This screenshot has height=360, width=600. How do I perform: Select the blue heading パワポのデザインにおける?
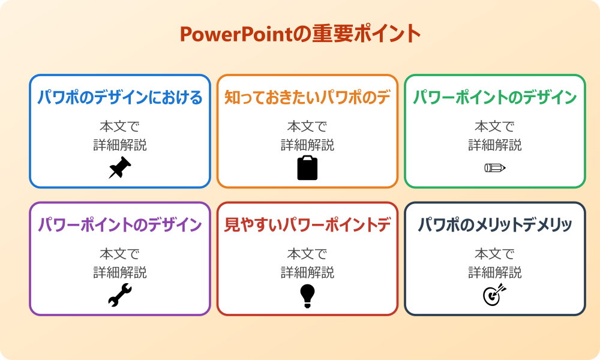pos(120,98)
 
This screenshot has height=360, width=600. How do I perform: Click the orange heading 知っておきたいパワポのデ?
pos(307,98)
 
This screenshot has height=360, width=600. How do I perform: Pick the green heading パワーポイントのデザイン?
pos(495,98)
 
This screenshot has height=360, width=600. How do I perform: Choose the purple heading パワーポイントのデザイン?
pos(120,225)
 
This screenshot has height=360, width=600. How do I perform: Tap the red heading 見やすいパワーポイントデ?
pos(307,225)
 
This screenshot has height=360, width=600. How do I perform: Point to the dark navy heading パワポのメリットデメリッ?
pos(495,225)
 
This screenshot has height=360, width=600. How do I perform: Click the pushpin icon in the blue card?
pos(120,168)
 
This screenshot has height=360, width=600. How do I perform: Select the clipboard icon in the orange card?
pos(307,168)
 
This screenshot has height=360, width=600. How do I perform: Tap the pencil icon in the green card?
pos(495,167)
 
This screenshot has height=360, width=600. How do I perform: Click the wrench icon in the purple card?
pos(120,295)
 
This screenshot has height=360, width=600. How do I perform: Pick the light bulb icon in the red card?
pos(307,295)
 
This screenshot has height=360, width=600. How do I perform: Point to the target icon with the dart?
pos(495,295)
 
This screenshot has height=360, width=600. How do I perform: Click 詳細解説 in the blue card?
pos(120,145)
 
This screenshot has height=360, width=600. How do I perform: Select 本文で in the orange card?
pos(307,127)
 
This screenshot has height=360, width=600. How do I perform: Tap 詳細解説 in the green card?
pos(495,145)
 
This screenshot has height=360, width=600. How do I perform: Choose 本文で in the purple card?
pos(120,254)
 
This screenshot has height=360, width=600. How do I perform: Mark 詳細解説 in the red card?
pos(307,272)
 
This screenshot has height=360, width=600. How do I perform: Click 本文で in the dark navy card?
pos(495,254)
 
